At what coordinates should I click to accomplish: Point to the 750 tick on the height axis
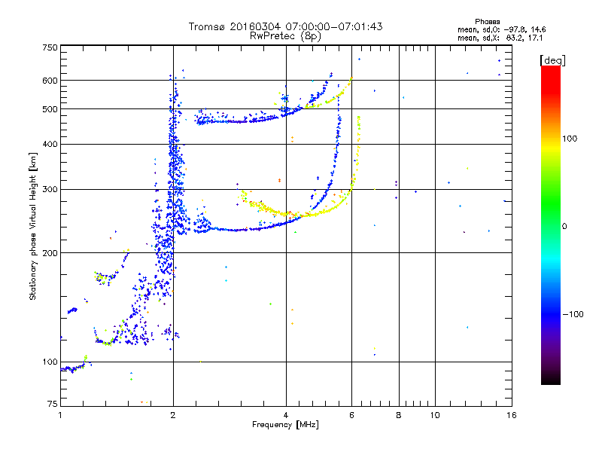[50, 47]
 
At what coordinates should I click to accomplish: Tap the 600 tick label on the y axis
[50, 80]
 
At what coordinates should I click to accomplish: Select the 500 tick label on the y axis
[50, 109]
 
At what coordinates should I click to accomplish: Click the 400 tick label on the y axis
[50, 145]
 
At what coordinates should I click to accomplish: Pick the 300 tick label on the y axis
[50, 190]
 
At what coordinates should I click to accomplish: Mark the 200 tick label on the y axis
[50, 253]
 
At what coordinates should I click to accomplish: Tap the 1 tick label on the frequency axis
[60, 415]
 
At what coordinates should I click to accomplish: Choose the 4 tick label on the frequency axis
[286, 415]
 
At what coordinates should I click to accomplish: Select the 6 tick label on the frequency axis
[351, 415]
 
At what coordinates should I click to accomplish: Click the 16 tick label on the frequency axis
[511, 415]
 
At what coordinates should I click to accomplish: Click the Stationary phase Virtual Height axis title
[33, 226]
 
